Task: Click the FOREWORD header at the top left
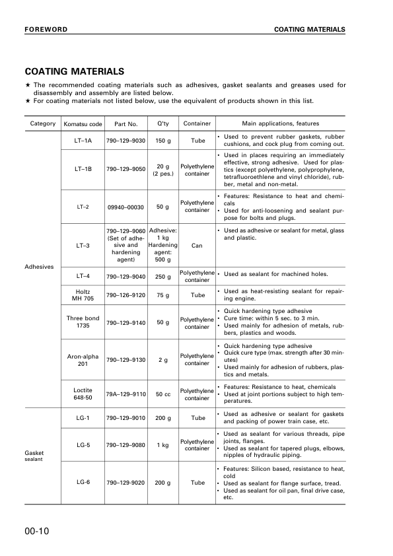(x=46, y=30)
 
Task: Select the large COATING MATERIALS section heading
(x=73, y=71)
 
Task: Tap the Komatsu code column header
(x=83, y=123)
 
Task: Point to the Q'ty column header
(x=162, y=123)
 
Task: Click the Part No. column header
(x=125, y=123)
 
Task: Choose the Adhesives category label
(x=39, y=267)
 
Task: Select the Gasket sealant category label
(x=34, y=456)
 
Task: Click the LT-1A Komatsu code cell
(x=83, y=141)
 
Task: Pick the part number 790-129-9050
(x=125, y=169)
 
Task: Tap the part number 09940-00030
(x=125, y=207)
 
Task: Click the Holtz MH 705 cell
(x=83, y=295)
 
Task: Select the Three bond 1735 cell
(x=83, y=322)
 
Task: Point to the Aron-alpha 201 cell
(x=83, y=360)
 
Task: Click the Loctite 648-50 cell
(x=83, y=394)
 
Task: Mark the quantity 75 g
(x=162, y=295)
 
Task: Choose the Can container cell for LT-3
(x=197, y=245)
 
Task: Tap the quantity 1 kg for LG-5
(x=162, y=445)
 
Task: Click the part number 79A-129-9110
(x=125, y=394)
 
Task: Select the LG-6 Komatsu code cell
(x=83, y=483)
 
